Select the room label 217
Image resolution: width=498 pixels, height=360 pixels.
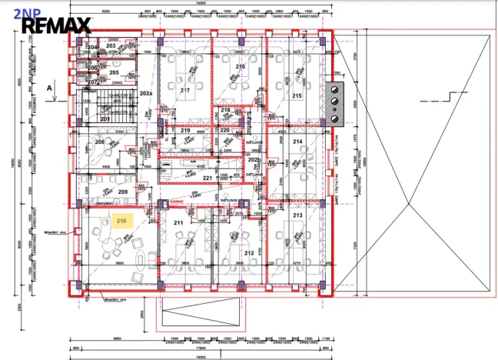click(184, 90)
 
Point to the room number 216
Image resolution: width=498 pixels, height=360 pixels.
click(240, 67)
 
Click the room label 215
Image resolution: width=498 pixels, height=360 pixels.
click(297, 95)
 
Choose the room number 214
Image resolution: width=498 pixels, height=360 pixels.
click(297, 142)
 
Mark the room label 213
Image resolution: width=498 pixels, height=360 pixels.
click(297, 216)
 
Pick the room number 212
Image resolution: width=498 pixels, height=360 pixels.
click(248, 252)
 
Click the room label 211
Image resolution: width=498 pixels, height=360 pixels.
click(178, 223)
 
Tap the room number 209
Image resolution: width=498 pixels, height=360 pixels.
click(122, 192)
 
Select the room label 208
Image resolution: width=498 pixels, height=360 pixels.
click(99, 142)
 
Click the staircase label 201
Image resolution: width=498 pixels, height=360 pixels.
click(105, 118)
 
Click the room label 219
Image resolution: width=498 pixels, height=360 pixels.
click(185, 131)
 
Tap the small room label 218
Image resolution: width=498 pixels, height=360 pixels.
click(225, 110)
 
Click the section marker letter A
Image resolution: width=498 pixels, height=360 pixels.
click(48, 88)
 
